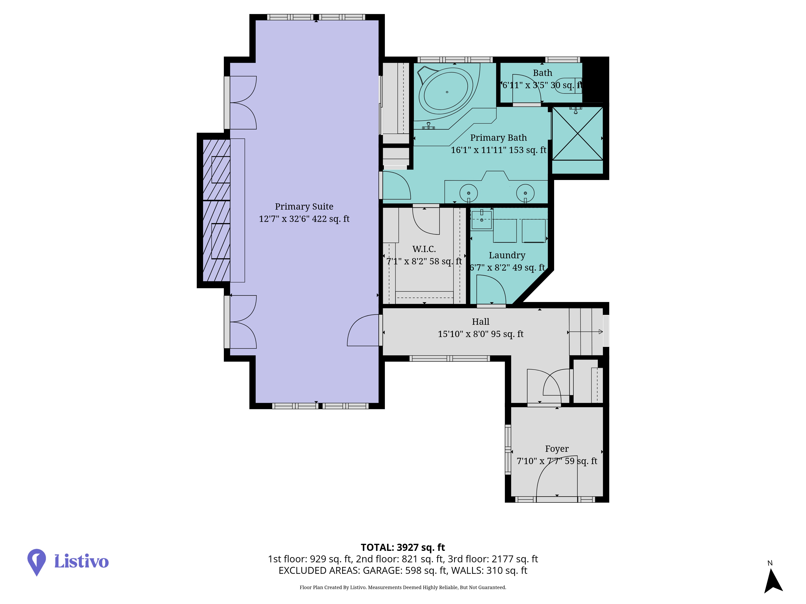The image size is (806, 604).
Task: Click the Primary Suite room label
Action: click(304, 206)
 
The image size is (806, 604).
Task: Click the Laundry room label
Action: click(507, 255)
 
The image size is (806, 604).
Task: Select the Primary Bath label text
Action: click(498, 138)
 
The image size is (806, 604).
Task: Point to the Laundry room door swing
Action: click(491, 290)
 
